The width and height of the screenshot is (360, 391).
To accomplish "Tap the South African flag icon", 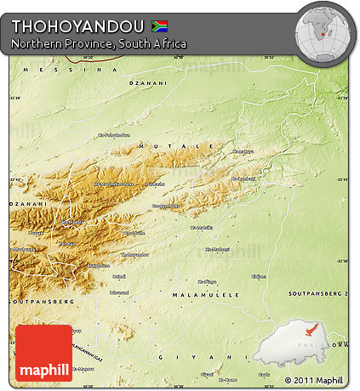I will pos(159,25).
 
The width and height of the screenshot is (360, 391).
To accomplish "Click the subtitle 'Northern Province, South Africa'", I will pos(99,42).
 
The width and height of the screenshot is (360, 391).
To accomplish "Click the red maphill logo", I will pos(44,352).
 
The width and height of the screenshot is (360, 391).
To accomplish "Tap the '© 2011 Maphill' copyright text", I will pos(313,380).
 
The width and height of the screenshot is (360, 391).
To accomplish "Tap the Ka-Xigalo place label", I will pos(208,280).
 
